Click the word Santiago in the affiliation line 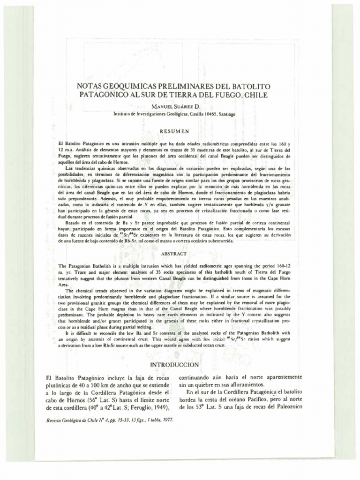click(225, 113)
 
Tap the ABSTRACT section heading click(174, 254)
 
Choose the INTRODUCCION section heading click(174, 364)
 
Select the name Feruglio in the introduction click(143, 407)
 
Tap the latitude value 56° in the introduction click(91, 399)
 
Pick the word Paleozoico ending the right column click(286, 407)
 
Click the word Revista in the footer click(54, 420)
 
